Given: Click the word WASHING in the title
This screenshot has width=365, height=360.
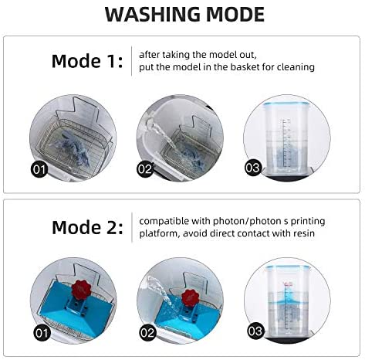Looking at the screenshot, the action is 152,15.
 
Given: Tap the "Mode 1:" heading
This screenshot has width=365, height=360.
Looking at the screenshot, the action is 87,61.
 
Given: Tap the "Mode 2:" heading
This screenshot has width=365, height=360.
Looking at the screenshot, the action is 87,227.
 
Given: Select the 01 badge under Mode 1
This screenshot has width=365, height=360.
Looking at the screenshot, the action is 39,169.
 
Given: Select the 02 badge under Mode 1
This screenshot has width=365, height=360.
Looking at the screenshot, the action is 145,169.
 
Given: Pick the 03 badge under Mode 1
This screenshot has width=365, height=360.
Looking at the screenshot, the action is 253,168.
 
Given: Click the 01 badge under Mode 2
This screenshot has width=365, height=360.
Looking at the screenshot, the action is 42,333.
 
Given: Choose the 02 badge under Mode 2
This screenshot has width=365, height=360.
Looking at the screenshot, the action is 147,333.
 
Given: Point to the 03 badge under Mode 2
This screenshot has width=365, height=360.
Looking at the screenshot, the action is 256,331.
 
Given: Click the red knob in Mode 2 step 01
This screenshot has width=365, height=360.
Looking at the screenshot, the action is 80,290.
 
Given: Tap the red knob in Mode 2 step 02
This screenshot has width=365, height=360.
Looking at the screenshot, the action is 191,298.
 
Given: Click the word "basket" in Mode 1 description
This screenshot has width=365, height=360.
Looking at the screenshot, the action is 245,67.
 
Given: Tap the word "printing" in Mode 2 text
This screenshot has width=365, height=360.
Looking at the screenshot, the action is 308,222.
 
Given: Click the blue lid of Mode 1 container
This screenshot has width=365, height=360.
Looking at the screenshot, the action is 287,104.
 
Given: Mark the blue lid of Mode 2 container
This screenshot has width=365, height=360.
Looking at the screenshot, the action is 288,268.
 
